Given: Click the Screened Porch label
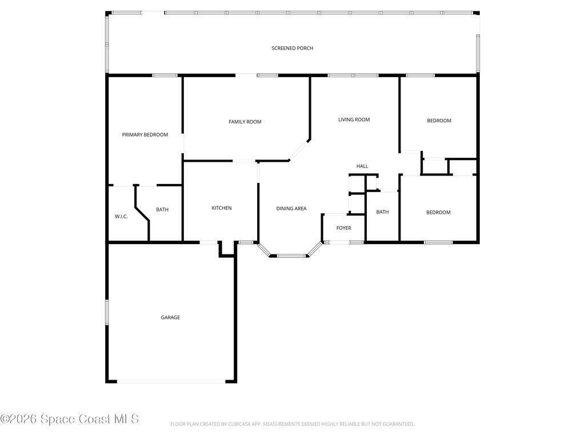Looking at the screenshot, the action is click(x=292, y=48).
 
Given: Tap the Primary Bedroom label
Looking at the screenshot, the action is click(x=145, y=135).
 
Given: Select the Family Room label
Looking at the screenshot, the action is click(x=245, y=122).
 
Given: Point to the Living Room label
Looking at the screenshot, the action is click(x=354, y=120).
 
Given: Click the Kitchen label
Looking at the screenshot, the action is click(x=222, y=208).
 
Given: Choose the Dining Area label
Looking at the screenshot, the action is click(x=291, y=209).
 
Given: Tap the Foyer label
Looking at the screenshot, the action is click(x=343, y=228).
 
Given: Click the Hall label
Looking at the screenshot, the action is click(x=362, y=166).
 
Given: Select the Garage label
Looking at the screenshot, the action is click(x=170, y=318).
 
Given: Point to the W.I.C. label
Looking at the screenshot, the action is click(x=121, y=217).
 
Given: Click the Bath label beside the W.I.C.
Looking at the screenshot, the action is click(x=162, y=210).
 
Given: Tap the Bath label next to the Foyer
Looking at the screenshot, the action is click(x=382, y=212).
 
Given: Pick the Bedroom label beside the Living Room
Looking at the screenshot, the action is click(x=439, y=121).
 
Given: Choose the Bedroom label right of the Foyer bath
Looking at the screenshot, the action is click(x=438, y=213).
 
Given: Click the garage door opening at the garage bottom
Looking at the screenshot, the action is click(x=171, y=381).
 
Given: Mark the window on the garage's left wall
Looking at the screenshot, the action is click(x=107, y=312).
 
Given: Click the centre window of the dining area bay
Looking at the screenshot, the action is click(x=291, y=256).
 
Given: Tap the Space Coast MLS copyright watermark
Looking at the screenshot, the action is click(x=70, y=419).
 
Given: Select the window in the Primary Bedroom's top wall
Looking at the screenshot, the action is click(x=165, y=75).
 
